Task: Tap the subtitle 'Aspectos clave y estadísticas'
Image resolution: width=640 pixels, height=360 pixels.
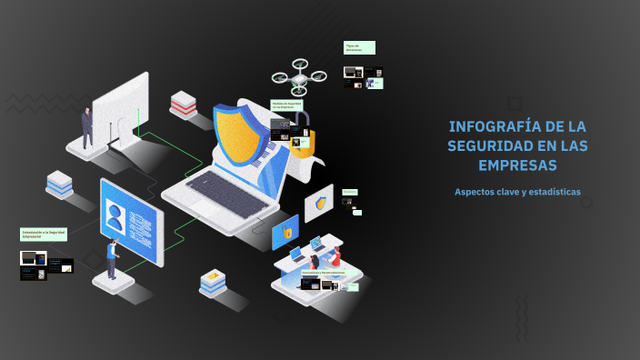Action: click(x=517, y=192)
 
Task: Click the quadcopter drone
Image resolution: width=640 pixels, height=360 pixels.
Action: click(x=299, y=76)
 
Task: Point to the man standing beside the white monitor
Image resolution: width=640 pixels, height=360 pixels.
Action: click(x=87, y=127)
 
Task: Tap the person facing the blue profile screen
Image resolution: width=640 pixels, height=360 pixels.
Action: click(x=112, y=259)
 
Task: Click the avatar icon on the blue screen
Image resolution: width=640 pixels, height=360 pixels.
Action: click(x=115, y=218)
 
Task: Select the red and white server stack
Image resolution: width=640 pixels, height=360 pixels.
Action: click(x=184, y=104)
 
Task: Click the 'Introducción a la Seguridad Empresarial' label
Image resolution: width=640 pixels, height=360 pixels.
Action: click(x=45, y=234)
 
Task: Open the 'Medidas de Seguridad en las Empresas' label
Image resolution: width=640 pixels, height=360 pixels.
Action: click(x=288, y=105)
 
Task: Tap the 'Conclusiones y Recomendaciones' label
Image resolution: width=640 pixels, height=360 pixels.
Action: click(x=323, y=272)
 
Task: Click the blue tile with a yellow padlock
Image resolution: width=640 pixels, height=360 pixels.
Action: click(x=285, y=233)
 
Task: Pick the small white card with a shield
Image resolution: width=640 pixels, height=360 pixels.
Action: click(x=319, y=204)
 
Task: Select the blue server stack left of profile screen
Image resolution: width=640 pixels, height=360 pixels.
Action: click(x=60, y=184)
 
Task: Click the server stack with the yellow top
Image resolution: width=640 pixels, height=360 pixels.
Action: click(x=213, y=282)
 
